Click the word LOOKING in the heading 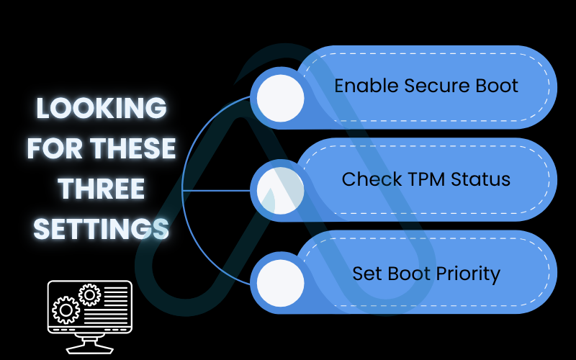tap(102, 109)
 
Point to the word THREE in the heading tap(102, 189)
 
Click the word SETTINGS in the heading tap(102, 230)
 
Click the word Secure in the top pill tap(436, 86)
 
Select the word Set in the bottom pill tap(366, 274)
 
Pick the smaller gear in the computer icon tap(89, 294)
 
